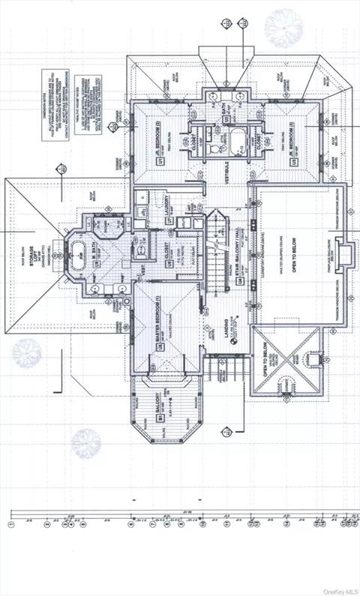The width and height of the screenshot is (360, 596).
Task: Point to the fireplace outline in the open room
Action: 342,253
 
